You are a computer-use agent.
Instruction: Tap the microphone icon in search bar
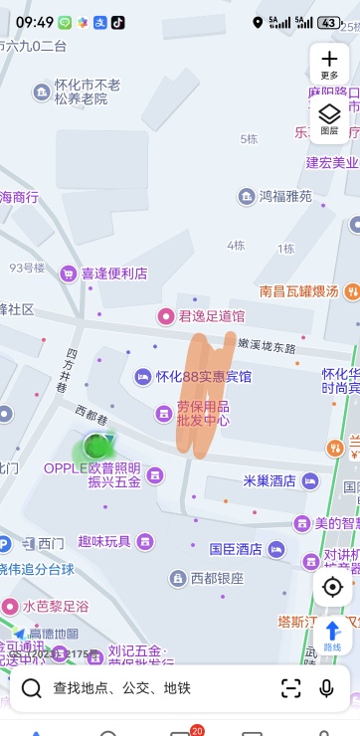326,688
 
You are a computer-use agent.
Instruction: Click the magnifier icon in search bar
32,688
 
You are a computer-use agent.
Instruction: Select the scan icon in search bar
290,688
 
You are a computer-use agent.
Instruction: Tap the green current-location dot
95,446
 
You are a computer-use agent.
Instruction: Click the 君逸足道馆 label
210,315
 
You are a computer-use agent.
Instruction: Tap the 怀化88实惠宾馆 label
203,377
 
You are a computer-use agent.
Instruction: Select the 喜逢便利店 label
113,273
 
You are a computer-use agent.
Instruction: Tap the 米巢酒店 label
270,481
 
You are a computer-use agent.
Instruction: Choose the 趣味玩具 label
104,541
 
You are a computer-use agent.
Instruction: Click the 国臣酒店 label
236,548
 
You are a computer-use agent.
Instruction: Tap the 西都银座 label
217,578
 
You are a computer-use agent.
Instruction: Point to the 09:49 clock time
35,22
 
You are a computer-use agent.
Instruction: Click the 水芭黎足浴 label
56,606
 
